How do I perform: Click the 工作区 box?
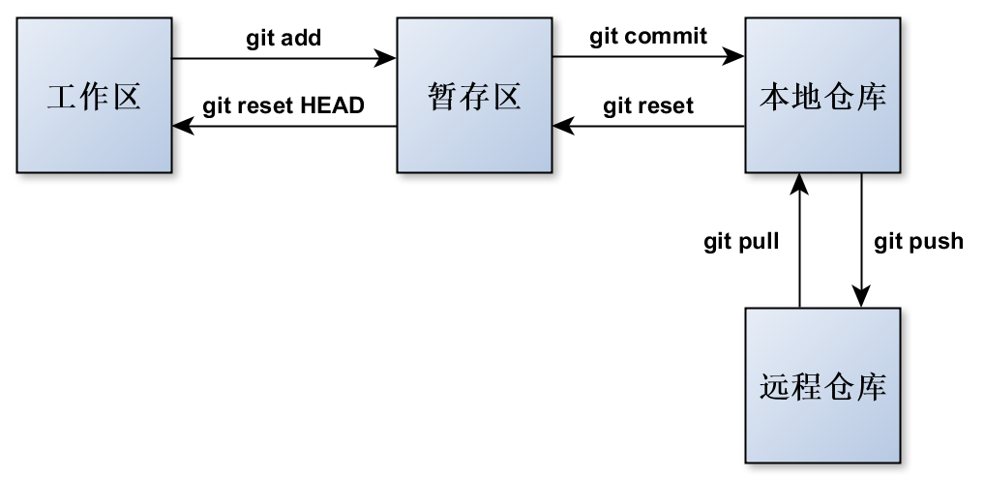(94, 96)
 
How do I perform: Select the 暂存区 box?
(474, 96)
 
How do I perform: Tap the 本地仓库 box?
(822, 96)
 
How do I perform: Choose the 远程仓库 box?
(822, 385)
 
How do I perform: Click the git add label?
(284, 39)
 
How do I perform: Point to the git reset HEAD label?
(284, 105)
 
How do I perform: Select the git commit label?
(648, 37)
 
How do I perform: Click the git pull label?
(741, 241)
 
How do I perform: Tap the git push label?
(918, 241)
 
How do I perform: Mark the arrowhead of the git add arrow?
(388, 58)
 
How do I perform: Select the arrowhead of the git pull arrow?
(800, 181)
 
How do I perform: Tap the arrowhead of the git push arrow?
(861, 299)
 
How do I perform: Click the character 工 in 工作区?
(62, 97)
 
